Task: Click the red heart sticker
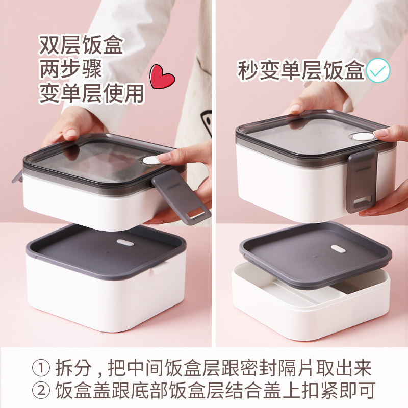(x=162, y=77)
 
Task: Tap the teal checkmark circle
(x=378, y=71)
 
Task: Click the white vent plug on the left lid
(x=151, y=160)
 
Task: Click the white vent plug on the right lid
(x=363, y=136)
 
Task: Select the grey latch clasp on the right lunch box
(x=362, y=181)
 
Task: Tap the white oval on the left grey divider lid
(x=125, y=243)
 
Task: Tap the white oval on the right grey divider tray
(x=338, y=249)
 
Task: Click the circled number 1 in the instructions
(x=41, y=368)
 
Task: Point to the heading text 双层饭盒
(x=81, y=45)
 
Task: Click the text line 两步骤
(x=70, y=69)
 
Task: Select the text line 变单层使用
(x=91, y=93)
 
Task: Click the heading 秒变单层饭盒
(x=300, y=70)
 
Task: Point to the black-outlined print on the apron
(x=207, y=122)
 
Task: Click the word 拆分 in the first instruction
(x=73, y=368)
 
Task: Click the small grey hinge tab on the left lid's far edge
(x=18, y=176)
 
